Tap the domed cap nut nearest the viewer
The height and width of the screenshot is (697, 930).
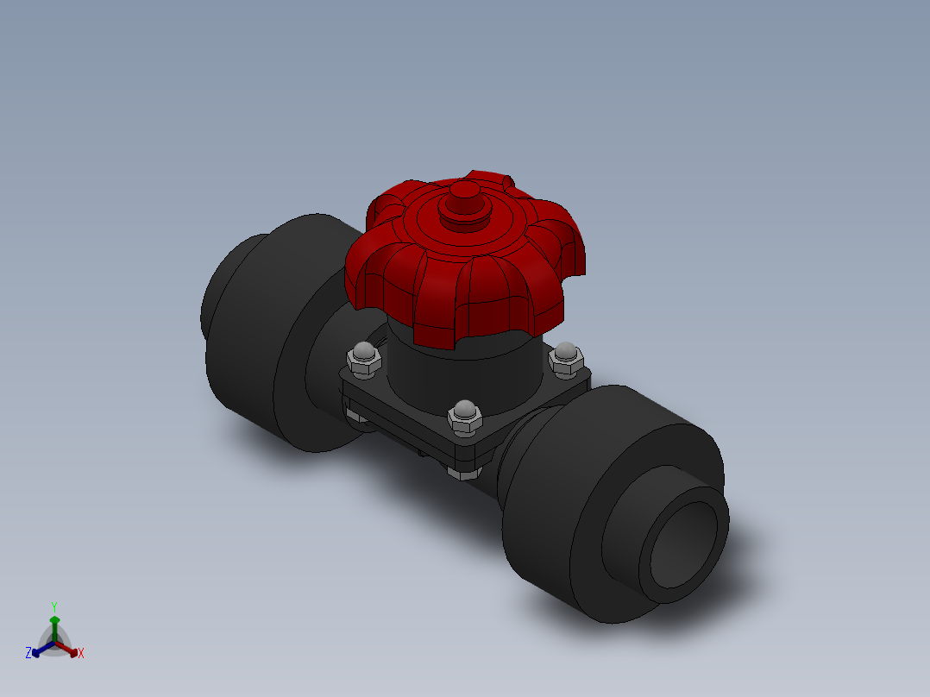465,415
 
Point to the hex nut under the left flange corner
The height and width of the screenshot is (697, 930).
355,416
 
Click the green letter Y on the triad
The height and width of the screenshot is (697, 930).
53,606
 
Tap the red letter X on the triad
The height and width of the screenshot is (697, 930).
81,654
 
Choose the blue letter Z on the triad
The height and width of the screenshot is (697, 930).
28,653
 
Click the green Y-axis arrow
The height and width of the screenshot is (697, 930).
54,625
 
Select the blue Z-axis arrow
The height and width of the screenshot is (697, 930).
40,650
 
